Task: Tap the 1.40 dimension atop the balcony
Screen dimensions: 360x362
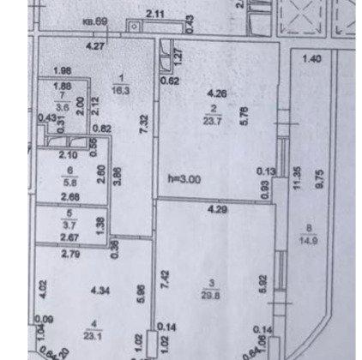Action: pos(310,58)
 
